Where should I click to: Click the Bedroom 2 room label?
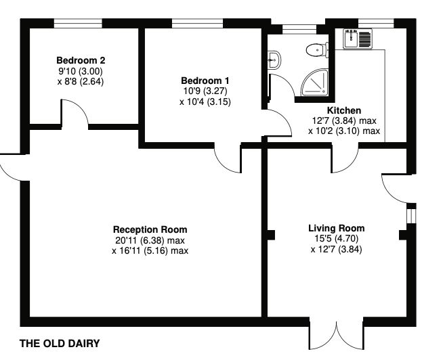[81, 60]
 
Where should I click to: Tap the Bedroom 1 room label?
[205, 81]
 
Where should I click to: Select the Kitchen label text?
[344, 110]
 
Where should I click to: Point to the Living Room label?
[337, 228]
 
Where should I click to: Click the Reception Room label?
[150, 229]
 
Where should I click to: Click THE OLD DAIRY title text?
[60, 344]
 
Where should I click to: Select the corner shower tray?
[314, 83]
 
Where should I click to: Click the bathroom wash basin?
[274, 60]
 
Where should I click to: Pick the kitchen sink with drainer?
[358, 39]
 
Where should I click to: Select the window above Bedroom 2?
[78, 24]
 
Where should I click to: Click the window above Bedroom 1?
[198, 24]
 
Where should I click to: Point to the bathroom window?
[299, 29]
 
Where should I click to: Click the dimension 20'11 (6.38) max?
[150, 241]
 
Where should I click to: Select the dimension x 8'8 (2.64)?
[81, 82]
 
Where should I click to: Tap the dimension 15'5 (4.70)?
[337, 239]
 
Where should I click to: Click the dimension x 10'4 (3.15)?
[205, 102]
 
